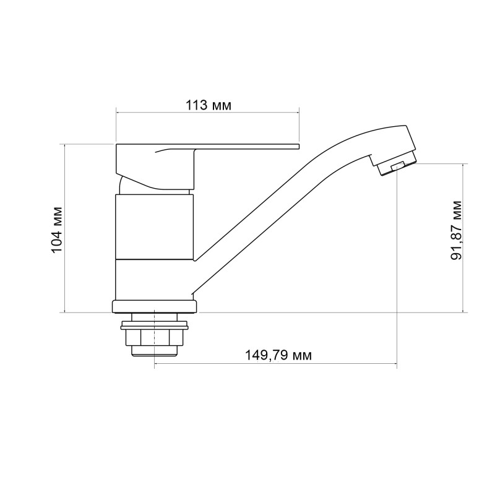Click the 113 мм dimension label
(209, 105)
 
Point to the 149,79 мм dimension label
(278, 355)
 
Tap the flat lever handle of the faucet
(247, 147)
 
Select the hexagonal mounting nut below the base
(155, 337)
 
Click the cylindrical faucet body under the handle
(155, 226)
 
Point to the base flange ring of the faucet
(155, 306)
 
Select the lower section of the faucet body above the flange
(155, 278)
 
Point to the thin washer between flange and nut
(155, 322)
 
